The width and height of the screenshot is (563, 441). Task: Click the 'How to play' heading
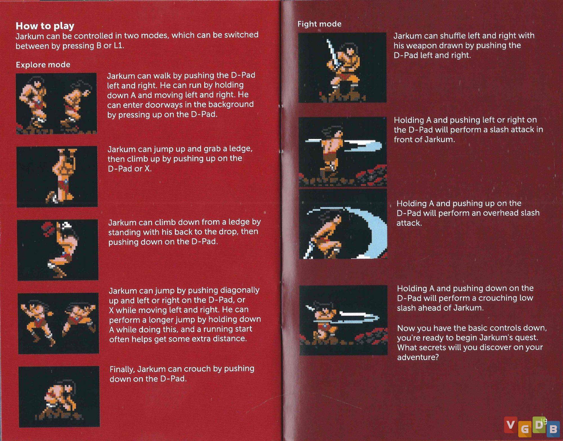45,26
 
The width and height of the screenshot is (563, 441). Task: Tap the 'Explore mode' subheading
43,65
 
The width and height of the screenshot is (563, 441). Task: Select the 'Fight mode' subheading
320,24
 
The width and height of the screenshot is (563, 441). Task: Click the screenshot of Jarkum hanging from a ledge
57,177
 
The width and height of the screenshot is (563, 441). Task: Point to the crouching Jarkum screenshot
59,397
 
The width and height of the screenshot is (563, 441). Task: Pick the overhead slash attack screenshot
343,224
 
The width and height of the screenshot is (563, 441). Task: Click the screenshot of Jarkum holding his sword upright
342,68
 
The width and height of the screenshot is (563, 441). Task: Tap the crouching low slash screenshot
343,320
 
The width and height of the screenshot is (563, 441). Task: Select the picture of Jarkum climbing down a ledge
58,250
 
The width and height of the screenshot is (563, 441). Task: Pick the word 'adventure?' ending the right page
418,357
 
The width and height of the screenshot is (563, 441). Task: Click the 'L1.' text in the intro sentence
119,46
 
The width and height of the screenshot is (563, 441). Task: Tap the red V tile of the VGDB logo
510,425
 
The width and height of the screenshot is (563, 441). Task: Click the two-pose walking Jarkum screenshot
56,103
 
